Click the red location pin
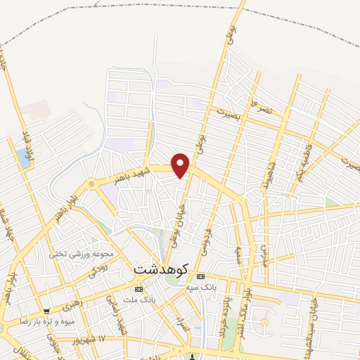181,165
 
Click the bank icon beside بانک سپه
200,276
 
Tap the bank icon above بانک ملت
138,289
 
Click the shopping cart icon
46,311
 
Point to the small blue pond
26,160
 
